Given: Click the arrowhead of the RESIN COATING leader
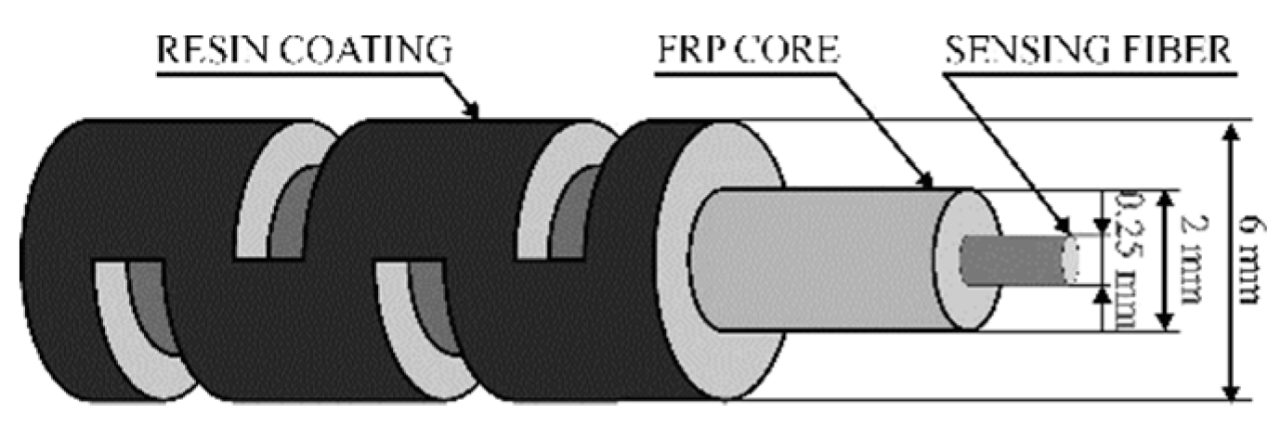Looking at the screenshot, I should click(477, 115).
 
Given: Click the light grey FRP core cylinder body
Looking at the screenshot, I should click(827, 260).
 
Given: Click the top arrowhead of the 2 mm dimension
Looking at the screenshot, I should click(1164, 197).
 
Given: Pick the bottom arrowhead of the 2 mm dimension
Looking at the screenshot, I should click(1164, 323).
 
